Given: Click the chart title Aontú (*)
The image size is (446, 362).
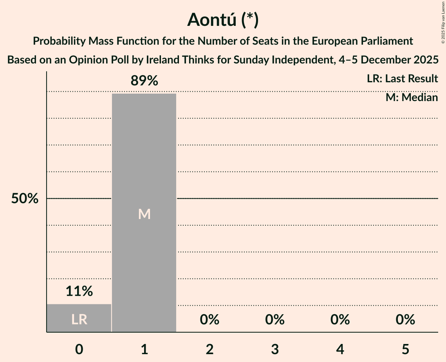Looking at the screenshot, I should pyautogui.click(x=223, y=20).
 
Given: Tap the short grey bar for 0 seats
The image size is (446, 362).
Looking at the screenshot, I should pyautogui.click(x=79, y=318).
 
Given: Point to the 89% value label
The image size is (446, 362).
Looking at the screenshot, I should pyautogui.click(x=144, y=81).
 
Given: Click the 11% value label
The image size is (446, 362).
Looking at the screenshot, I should pyautogui.click(x=79, y=291).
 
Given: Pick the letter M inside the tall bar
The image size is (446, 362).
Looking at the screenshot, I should pyautogui.click(x=144, y=214).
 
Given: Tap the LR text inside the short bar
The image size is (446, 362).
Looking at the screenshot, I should pyautogui.click(x=79, y=320).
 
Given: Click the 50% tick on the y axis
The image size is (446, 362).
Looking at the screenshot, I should pyautogui.click(x=25, y=199).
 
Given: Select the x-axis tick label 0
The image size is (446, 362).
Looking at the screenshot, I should pyautogui.click(x=79, y=349).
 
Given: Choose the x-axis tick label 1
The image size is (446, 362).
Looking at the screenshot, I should pyautogui.click(x=144, y=349).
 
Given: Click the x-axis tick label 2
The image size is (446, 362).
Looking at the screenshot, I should pyautogui.click(x=209, y=349).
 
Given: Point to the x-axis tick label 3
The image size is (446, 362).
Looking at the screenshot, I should pyautogui.click(x=275, y=349).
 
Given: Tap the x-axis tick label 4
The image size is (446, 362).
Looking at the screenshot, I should pyautogui.click(x=340, y=349).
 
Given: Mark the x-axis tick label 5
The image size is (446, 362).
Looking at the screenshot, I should pyautogui.click(x=405, y=349).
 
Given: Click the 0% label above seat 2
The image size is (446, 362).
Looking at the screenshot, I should pyautogui.click(x=209, y=320).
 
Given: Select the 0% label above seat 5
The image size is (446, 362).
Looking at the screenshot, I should pyautogui.click(x=405, y=320).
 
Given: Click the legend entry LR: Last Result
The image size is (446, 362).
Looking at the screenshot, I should pyautogui.click(x=402, y=79).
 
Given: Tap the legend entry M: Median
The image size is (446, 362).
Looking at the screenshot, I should pyautogui.click(x=412, y=97).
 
